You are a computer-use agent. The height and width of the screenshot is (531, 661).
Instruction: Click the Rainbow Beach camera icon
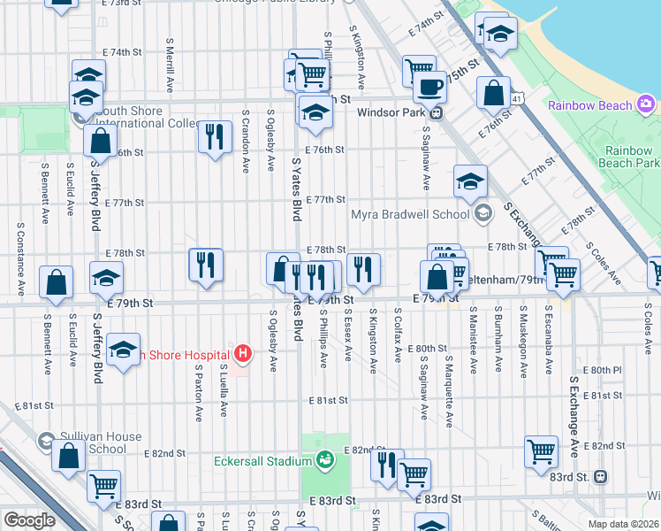(646, 105)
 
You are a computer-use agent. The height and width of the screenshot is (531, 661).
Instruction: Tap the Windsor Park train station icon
(437, 112)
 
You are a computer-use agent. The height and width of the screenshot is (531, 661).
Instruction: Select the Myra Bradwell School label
(411, 213)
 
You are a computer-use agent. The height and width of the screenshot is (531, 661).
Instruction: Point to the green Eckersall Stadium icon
(325, 460)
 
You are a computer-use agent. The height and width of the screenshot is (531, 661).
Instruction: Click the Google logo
(28, 520)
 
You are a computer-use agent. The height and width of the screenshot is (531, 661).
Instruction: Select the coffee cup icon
(430, 87)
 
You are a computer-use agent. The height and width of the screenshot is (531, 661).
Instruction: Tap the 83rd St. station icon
(601, 476)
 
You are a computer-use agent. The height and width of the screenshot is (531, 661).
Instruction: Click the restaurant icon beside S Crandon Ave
(214, 136)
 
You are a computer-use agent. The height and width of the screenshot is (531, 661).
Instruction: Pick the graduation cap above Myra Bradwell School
(471, 181)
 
